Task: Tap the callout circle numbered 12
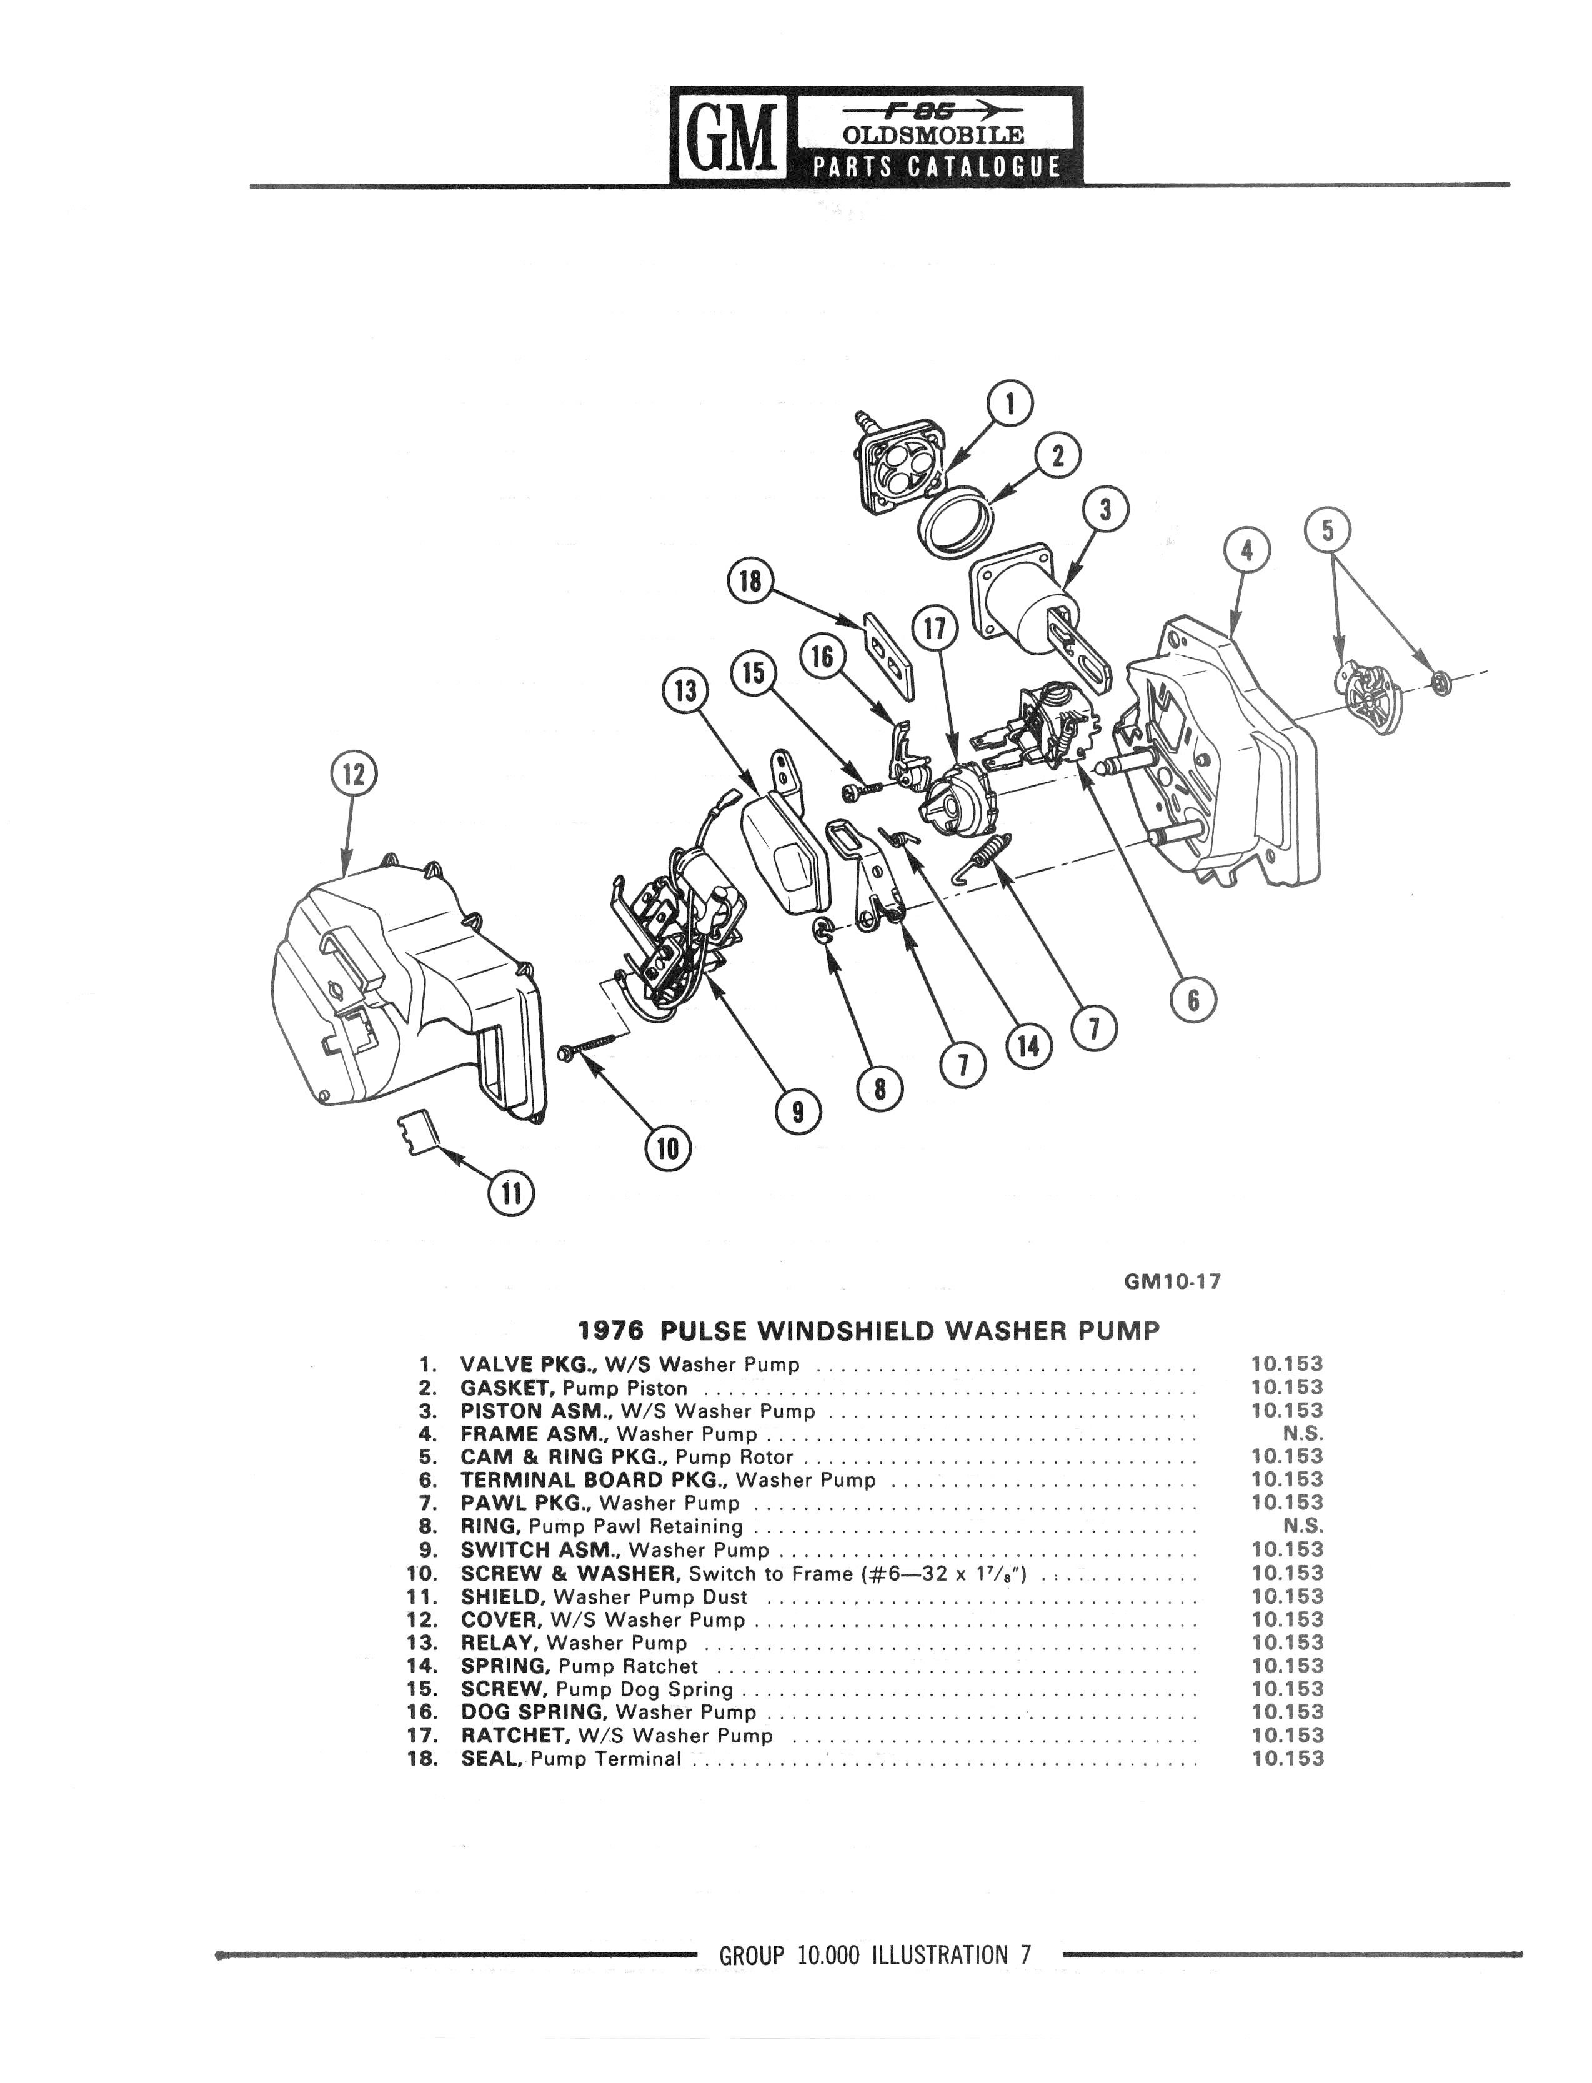point(352,774)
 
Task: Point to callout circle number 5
point(1328,530)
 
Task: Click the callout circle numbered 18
point(750,581)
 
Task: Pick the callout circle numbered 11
point(510,1192)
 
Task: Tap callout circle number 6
point(1193,1000)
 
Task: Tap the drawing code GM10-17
point(1172,1281)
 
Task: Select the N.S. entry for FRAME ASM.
point(1303,1434)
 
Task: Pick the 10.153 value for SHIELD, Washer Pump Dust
point(1287,1596)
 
